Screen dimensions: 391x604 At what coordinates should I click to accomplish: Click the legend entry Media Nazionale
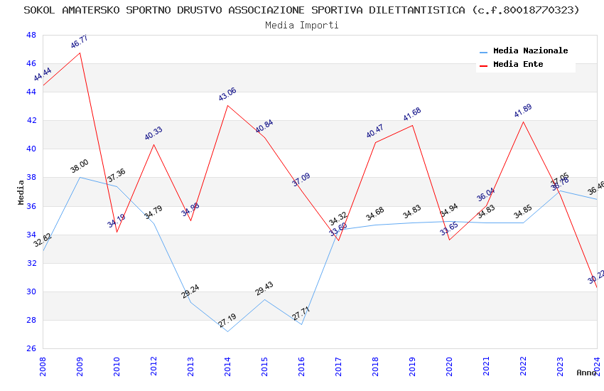(530, 51)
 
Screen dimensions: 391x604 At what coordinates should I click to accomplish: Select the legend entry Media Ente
(518, 65)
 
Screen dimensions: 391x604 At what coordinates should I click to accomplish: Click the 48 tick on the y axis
(31, 35)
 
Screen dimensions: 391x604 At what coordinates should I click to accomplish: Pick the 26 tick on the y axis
(31, 348)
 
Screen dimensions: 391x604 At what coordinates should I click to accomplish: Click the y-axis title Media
(21, 192)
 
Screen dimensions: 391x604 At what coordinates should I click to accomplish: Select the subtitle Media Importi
(302, 25)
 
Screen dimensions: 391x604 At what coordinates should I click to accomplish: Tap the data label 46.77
(80, 42)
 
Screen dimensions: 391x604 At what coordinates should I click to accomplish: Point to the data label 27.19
(227, 321)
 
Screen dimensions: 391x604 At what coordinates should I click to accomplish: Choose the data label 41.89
(523, 111)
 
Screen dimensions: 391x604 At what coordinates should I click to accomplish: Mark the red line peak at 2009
(80, 53)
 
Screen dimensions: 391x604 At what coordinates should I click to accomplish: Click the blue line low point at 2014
(227, 331)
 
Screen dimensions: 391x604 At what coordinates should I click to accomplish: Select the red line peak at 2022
(523, 122)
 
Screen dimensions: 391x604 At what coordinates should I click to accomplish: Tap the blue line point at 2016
(301, 325)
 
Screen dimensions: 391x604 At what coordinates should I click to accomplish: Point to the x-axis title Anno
(586, 373)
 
